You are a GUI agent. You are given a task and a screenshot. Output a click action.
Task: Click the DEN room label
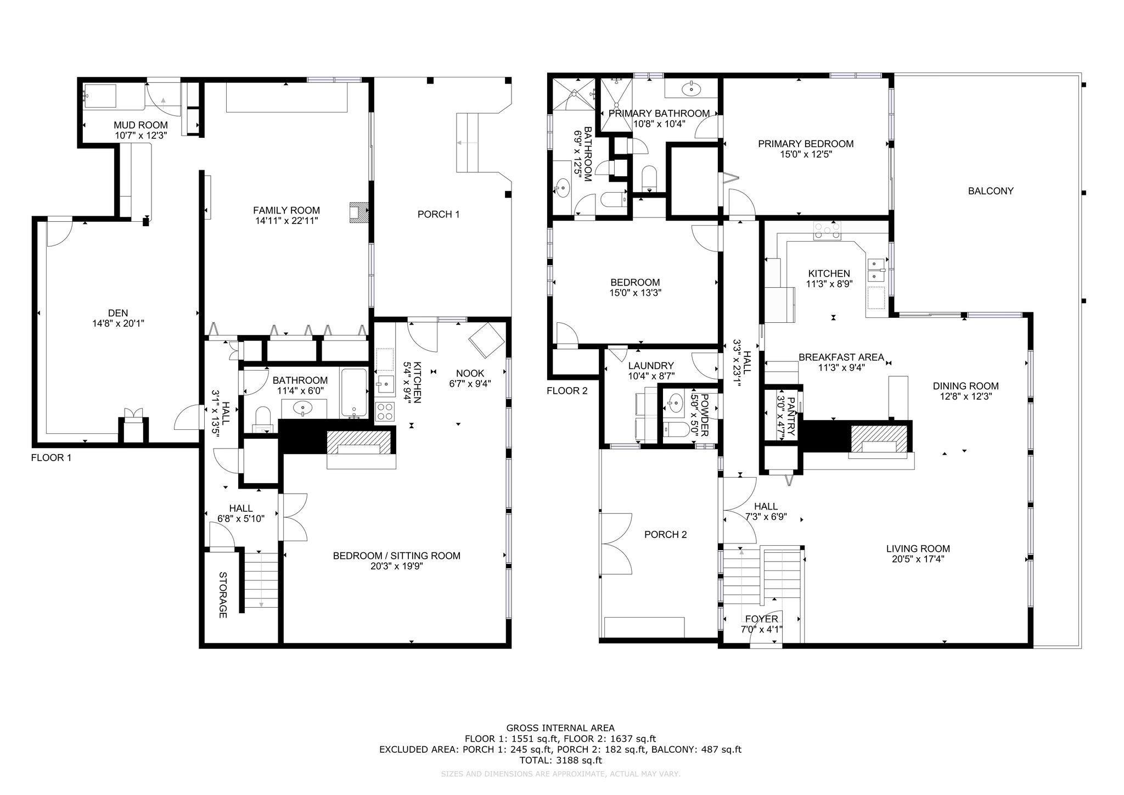[x=118, y=313]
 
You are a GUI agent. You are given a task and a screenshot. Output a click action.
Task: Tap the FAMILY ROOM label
[x=286, y=210]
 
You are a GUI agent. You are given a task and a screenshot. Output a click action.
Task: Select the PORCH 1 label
[x=438, y=214]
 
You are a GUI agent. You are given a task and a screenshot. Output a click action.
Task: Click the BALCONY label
[x=991, y=191]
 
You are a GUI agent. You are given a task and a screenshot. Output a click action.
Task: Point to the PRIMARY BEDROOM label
[x=806, y=144]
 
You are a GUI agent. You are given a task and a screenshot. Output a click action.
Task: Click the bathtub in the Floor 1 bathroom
[x=354, y=393]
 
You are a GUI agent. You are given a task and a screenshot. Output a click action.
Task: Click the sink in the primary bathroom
[x=692, y=87]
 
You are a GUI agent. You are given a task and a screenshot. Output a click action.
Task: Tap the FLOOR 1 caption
[x=51, y=457]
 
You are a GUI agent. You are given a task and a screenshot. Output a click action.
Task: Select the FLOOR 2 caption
[x=567, y=391]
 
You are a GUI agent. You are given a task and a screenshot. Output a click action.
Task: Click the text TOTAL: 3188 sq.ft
[x=560, y=760]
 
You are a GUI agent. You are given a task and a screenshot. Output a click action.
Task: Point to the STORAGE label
[x=223, y=595]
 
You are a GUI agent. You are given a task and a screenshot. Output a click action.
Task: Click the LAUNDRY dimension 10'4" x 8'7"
[x=651, y=376]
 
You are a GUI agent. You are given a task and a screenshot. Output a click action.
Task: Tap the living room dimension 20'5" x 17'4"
[x=918, y=559]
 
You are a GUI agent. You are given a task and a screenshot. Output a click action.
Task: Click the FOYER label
[x=762, y=619]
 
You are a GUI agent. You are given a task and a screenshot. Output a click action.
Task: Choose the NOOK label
[x=470, y=374]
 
